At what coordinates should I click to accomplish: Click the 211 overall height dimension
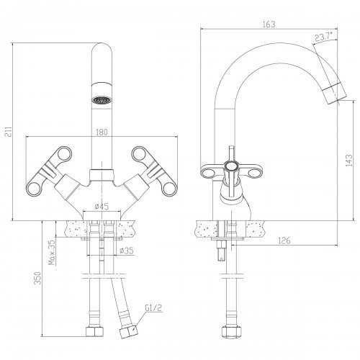9,132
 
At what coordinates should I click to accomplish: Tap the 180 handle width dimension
102,132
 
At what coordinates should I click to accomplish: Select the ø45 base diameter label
102,206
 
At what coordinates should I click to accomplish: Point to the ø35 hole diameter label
126,251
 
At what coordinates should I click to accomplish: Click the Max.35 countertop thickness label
52,253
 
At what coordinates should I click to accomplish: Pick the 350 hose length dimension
37,278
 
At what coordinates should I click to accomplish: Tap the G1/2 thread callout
153,307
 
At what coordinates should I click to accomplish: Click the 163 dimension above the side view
269,24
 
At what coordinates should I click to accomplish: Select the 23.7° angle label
324,37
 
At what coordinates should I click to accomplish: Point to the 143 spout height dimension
349,160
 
